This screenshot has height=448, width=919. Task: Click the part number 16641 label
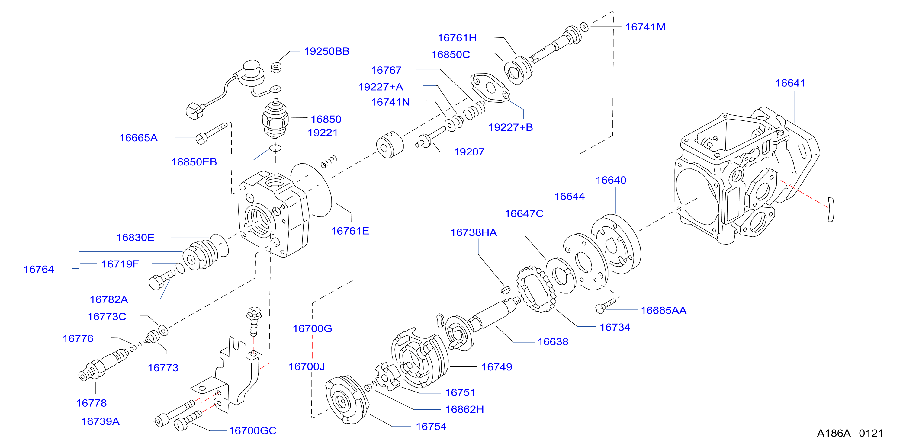(790, 83)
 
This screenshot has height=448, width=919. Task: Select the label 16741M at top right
(645, 27)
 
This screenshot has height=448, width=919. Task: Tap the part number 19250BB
(326, 51)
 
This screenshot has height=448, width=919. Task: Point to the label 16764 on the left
(39, 269)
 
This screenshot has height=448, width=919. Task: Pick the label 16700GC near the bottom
(252, 431)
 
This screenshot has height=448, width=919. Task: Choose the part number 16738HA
(474, 232)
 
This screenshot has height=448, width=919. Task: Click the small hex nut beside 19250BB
(276, 67)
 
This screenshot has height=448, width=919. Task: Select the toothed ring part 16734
(536, 289)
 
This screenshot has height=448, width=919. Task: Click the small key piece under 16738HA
(505, 289)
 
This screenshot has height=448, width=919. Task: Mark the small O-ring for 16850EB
(275, 148)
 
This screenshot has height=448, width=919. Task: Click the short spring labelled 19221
(329, 162)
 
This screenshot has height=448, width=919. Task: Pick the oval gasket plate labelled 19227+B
(490, 88)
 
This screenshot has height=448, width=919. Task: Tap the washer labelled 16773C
(163, 331)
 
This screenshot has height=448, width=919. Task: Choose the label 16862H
(464, 409)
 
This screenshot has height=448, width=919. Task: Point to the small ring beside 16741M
(584, 27)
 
